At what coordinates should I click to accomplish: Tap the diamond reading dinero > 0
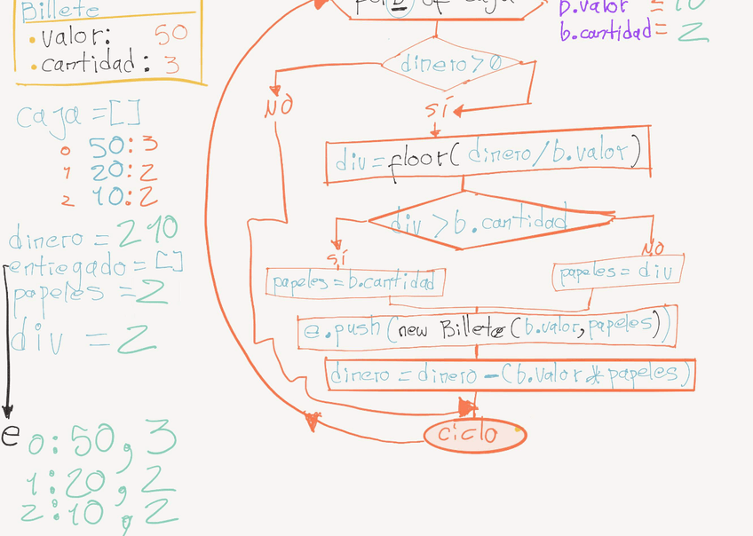point(453,64)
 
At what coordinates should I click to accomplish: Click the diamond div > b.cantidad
point(480,222)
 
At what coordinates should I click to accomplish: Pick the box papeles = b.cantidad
point(355,282)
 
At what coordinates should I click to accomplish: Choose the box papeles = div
point(618,273)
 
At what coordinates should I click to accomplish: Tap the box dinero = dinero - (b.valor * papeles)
point(510,374)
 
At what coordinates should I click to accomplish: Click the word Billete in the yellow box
point(60,12)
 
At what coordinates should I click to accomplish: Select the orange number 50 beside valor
point(171,35)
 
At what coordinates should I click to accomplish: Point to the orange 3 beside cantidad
point(171,65)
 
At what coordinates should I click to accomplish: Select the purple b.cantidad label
point(613,32)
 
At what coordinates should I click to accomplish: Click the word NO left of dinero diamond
point(278,108)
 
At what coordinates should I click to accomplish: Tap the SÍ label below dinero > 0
point(436,111)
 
